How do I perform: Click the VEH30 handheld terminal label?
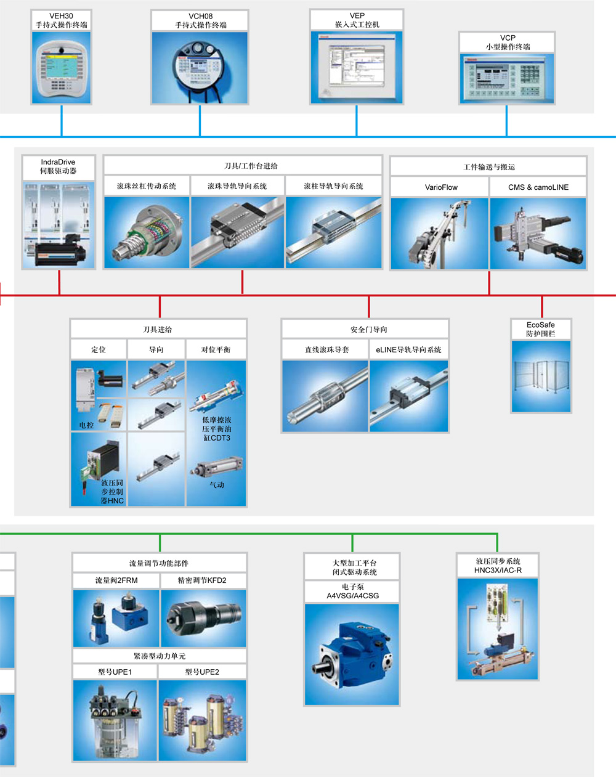(x=61, y=20)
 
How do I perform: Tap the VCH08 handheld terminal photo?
(x=200, y=67)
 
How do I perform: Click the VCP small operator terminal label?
(x=507, y=42)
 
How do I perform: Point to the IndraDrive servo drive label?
(x=59, y=166)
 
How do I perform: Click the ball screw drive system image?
(x=147, y=232)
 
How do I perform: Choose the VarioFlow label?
(x=441, y=187)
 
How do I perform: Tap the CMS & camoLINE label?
(x=538, y=187)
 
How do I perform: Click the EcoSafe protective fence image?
(x=541, y=375)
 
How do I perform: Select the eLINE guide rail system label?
(x=408, y=349)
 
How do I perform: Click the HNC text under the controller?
(x=116, y=501)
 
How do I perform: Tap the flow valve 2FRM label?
(x=116, y=580)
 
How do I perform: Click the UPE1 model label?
(x=115, y=672)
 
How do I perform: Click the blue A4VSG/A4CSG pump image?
(x=352, y=654)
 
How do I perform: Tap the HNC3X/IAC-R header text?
(x=498, y=571)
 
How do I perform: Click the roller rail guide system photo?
(x=333, y=232)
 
